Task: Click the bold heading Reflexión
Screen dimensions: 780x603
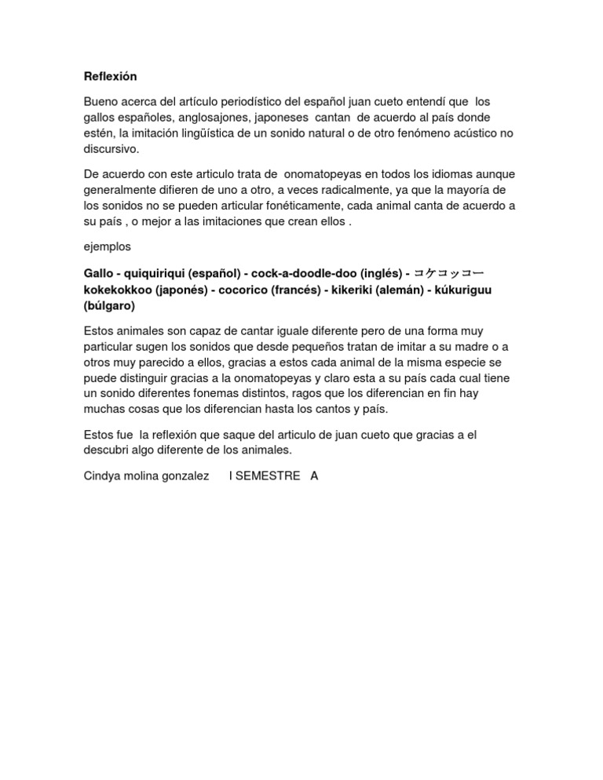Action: (110, 76)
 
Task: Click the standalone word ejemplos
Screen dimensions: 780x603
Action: (108, 246)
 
